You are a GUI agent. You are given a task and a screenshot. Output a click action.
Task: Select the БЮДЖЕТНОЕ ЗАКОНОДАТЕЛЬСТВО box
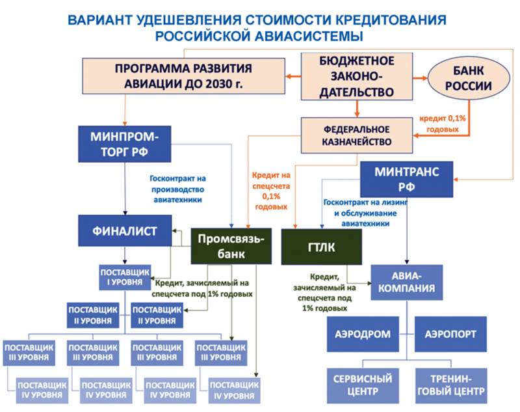point(357,77)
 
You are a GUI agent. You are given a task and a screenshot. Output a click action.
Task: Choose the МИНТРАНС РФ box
point(407,179)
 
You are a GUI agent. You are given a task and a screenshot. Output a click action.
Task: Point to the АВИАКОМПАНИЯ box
point(408,282)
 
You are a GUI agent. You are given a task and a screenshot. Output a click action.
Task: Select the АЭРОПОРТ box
point(450,335)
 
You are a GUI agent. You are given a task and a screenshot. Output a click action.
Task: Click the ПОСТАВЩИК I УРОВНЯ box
point(125,275)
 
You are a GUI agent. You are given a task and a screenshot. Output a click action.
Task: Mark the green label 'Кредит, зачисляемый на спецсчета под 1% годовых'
point(203,288)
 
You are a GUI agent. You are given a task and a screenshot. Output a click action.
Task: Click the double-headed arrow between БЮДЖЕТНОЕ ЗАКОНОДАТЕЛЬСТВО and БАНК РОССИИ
point(420,79)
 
